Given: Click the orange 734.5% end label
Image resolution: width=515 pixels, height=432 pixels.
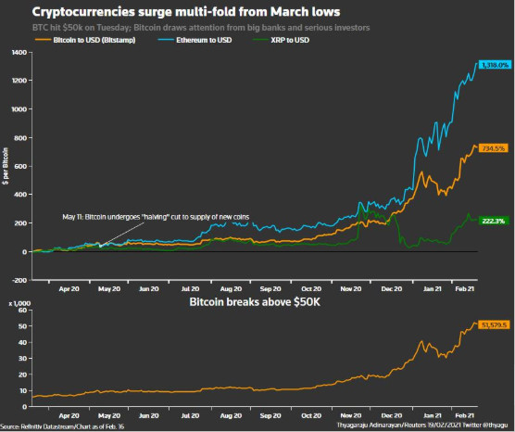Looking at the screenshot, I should point(492,148).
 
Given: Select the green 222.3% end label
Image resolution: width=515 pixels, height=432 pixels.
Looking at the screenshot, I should point(492,221).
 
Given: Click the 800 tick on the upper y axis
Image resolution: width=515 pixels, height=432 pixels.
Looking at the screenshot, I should point(18,138).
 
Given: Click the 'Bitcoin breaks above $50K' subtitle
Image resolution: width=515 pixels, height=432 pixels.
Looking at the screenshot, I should point(256,302).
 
